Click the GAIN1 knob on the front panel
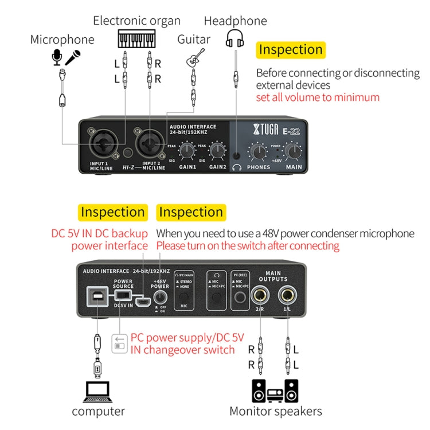coord(186,151)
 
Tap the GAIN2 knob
coord(217,151)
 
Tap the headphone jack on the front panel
coord(237,155)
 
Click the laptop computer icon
coord(99,391)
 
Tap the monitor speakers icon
coord(275,390)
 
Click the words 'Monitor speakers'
coord(275,411)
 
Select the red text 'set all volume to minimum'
coord(318,97)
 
